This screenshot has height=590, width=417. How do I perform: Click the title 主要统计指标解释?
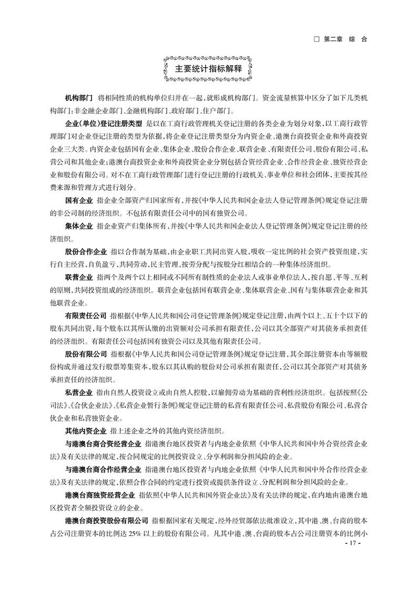[208, 69]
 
